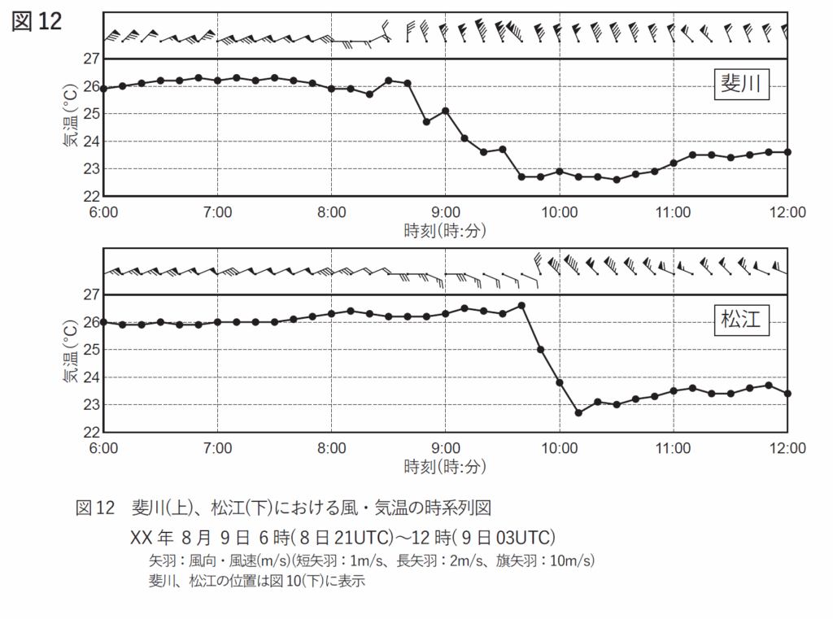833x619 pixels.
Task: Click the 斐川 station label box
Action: (741, 84)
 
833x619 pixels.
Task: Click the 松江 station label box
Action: (741, 319)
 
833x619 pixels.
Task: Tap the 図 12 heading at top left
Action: (37, 22)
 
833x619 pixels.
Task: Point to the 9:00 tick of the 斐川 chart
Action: (446, 211)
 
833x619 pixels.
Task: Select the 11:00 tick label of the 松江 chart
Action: (674, 447)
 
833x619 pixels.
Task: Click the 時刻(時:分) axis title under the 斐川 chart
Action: (445, 231)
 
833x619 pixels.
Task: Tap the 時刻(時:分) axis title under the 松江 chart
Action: (445, 467)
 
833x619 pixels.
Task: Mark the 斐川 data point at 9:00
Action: (446, 111)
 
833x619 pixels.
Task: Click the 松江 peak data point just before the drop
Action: (521, 306)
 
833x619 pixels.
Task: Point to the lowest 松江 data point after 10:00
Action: (578, 412)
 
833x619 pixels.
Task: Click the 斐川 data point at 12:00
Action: (787, 152)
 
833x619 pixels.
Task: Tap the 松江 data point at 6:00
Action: (103, 322)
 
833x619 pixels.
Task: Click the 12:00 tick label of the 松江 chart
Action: (787, 447)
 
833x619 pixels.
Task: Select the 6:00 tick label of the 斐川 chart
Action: (103, 211)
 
